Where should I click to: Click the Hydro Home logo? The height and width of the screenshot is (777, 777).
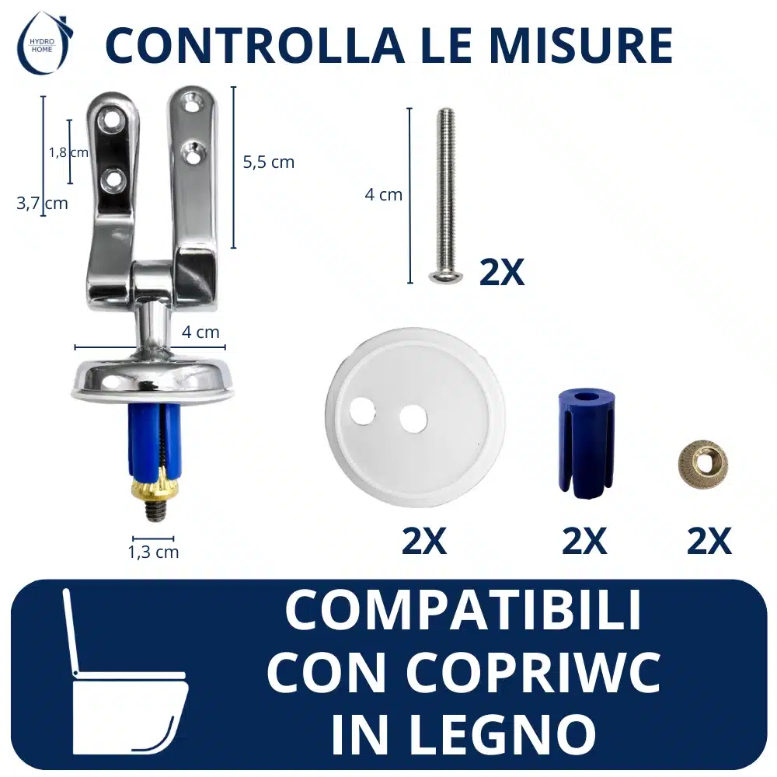44,44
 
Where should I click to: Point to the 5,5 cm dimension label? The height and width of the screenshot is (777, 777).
269,162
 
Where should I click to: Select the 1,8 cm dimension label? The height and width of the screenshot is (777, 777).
68,152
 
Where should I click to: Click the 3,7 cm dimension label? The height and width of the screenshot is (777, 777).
42,203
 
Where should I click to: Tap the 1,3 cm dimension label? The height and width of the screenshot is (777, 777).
153,552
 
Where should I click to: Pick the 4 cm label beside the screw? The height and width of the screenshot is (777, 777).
384,195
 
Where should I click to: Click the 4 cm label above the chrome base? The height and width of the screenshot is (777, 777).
200,332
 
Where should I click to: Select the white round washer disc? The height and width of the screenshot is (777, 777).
415,417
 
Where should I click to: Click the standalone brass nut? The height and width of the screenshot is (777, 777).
702,463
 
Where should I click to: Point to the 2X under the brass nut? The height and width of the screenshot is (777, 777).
709,541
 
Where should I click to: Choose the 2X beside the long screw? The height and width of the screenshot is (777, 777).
501,272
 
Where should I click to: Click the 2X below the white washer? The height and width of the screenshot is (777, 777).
423,541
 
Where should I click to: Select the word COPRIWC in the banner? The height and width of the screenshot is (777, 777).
533,672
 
